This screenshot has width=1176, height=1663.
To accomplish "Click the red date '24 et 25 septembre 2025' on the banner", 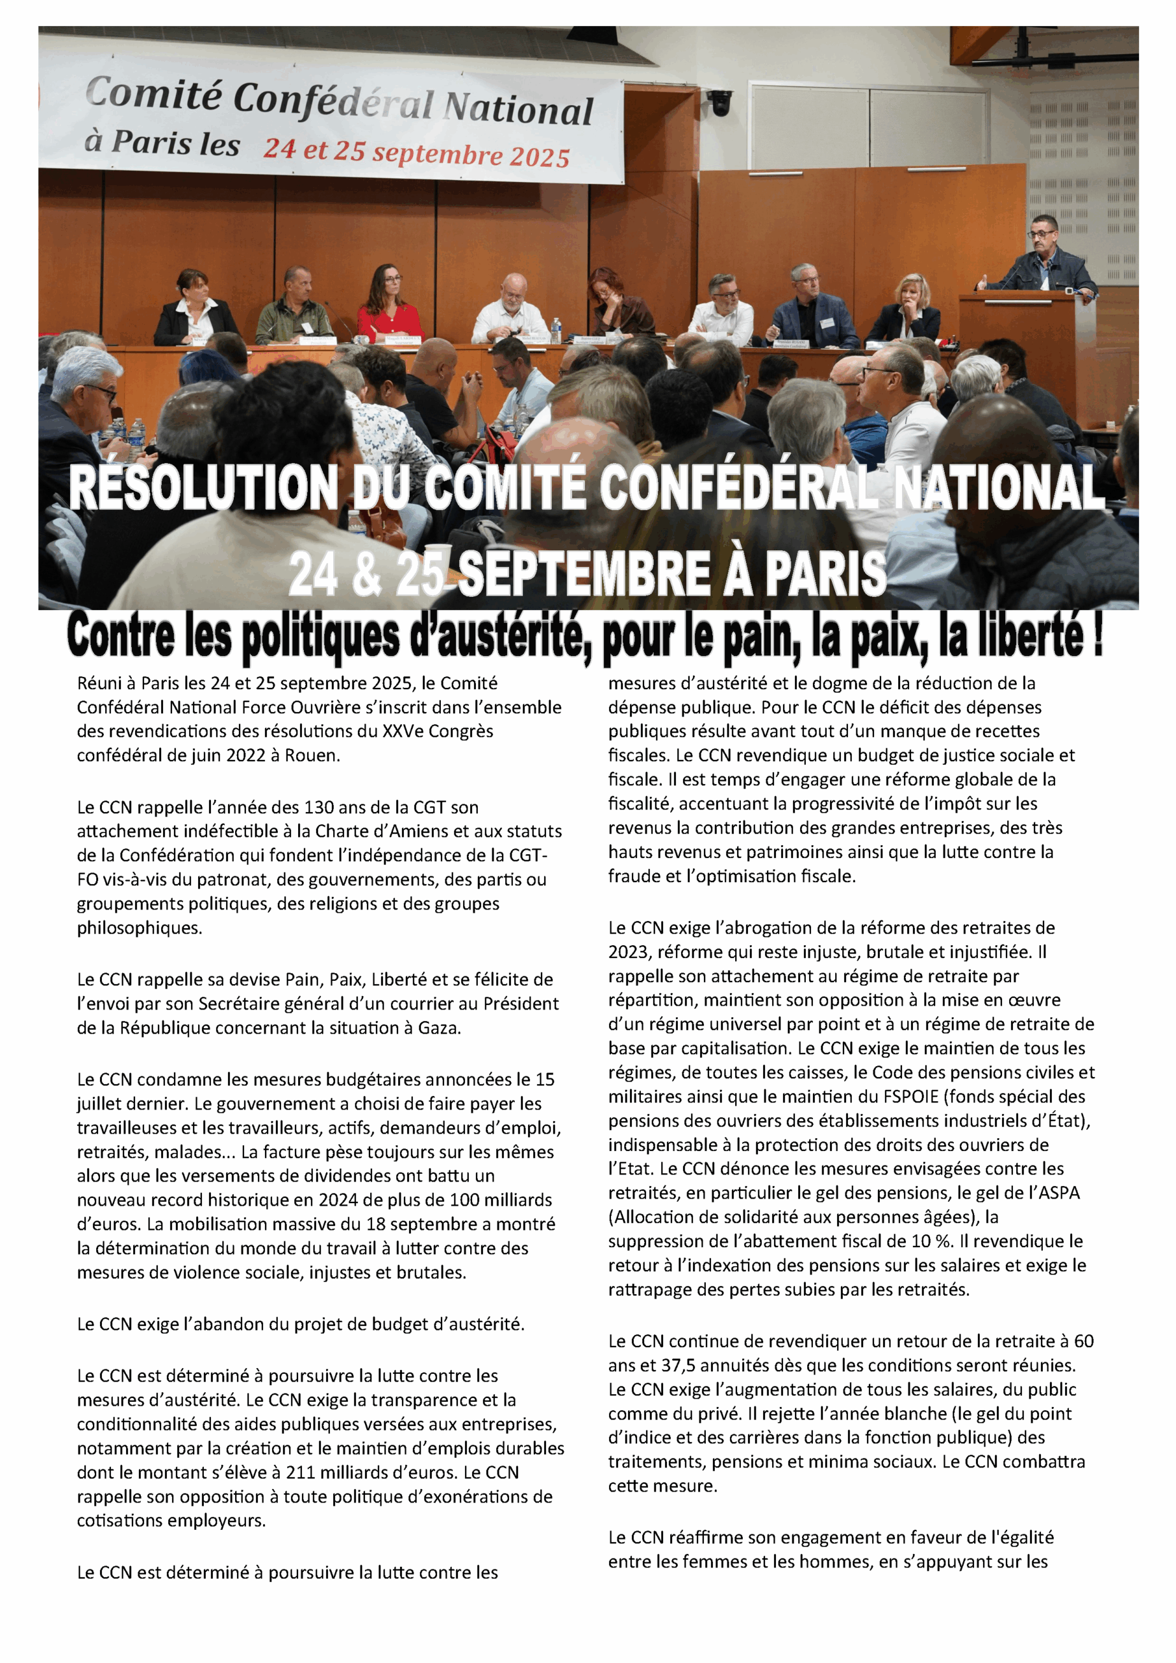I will (416, 153).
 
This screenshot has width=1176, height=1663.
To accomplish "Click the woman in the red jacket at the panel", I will (390, 304).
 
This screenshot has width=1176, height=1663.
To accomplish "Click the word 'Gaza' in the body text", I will (438, 1028).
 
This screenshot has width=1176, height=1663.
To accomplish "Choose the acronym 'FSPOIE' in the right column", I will (910, 1097).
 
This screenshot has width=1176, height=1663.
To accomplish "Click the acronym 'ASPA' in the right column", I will (1059, 1193).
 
